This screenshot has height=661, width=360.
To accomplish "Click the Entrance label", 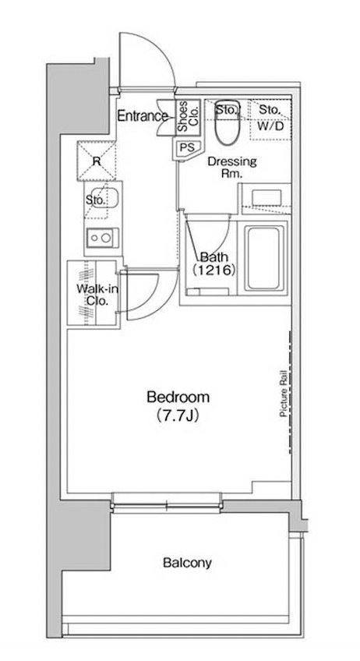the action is pos(143,115).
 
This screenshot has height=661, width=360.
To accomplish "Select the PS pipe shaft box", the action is pos(185,147).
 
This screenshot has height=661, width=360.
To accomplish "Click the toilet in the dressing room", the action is pos(227,122).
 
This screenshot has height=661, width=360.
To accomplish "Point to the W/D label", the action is pos(270,126).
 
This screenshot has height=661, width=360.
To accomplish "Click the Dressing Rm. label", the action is pos(232,168).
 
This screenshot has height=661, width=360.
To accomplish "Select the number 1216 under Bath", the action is pos(214,270).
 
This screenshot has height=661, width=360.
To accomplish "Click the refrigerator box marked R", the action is pos(96,161).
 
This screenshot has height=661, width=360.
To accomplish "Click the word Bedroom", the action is pos(178,397).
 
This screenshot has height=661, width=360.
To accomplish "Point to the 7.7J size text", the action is pos(178,416).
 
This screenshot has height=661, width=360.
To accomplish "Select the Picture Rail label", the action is pos(284,394).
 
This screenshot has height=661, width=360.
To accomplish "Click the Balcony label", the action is pos(187,562).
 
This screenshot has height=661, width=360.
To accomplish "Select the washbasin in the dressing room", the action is pos(266,197).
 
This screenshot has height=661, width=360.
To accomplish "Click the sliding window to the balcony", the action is pos(167,504).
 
